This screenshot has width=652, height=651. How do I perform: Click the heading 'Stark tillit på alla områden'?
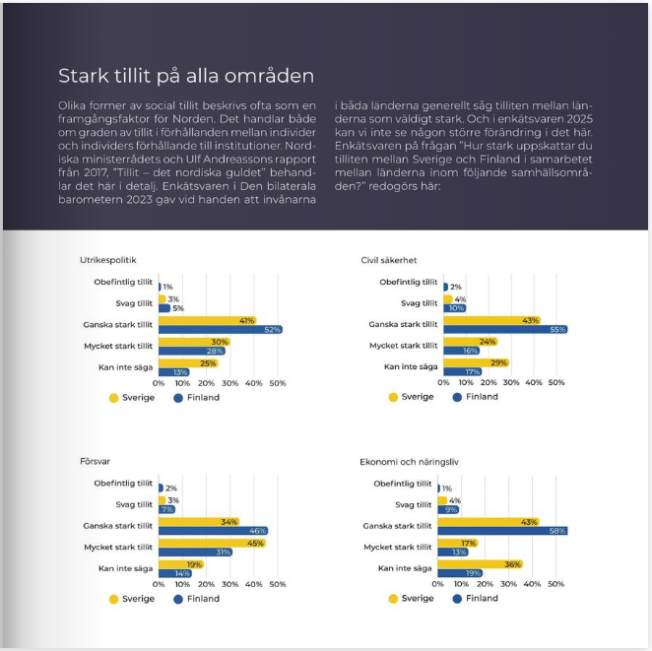point(185,76)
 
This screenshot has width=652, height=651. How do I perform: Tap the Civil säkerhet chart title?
point(389,260)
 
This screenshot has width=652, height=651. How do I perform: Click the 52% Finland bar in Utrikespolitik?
point(220,329)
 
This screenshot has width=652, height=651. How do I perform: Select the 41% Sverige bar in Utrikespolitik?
point(207,320)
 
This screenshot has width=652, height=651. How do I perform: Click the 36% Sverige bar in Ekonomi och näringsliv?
point(479,564)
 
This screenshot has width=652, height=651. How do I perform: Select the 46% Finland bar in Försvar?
point(213,530)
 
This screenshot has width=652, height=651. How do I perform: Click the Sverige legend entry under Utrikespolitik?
point(133,397)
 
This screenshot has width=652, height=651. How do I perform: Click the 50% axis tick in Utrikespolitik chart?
point(278,383)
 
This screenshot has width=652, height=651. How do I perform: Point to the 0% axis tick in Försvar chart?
point(159,584)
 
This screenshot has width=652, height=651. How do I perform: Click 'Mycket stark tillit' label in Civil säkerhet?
point(403,346)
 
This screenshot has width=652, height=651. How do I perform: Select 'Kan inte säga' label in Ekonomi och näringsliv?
point(405,568)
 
